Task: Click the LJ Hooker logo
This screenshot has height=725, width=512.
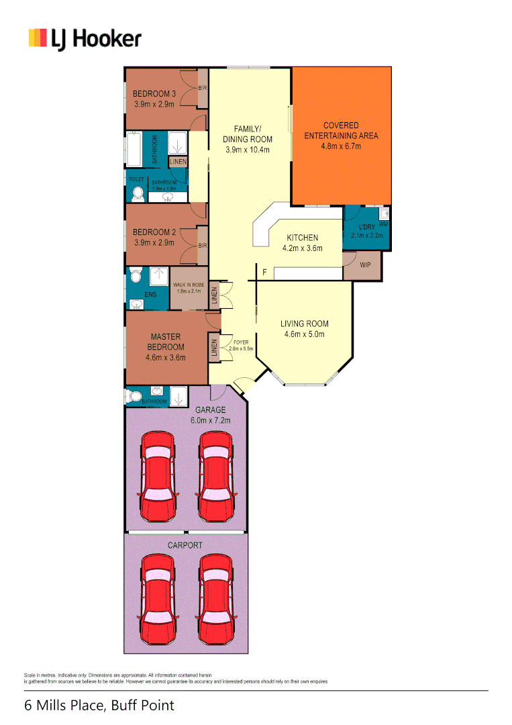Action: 85,39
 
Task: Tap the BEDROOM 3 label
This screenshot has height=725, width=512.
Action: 154,94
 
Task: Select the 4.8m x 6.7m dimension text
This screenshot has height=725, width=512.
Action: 341,146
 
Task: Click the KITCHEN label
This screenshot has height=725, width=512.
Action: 302,238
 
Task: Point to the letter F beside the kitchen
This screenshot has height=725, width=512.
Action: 265,273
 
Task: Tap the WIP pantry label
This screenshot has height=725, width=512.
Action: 365,265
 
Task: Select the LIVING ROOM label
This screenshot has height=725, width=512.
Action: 304,324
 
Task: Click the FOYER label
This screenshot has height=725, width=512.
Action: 240,342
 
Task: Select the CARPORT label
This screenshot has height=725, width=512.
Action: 185,545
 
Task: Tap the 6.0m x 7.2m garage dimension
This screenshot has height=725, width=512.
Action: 210,420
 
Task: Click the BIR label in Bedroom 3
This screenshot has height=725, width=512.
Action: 202,88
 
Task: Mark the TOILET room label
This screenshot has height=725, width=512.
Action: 136,179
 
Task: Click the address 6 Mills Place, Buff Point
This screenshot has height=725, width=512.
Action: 99,706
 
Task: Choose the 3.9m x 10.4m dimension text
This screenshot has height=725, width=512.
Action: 248,150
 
